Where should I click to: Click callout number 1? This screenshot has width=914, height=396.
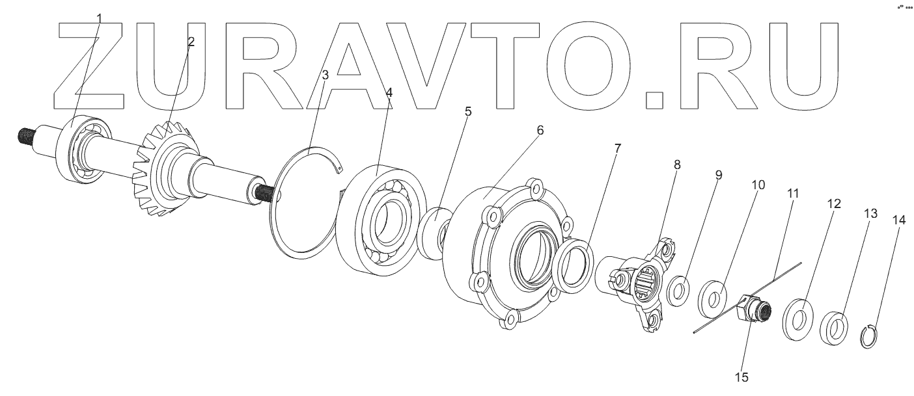click(x=99, y=17)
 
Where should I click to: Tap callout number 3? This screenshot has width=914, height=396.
click(x=325, y=75)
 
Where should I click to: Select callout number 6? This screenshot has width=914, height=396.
click(x=540, y=130)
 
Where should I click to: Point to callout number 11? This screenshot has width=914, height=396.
click(x=792, y=194)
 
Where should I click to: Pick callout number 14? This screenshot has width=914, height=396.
click(x=898, y=220)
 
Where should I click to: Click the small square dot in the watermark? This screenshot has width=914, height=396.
click(x=654, y=99)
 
